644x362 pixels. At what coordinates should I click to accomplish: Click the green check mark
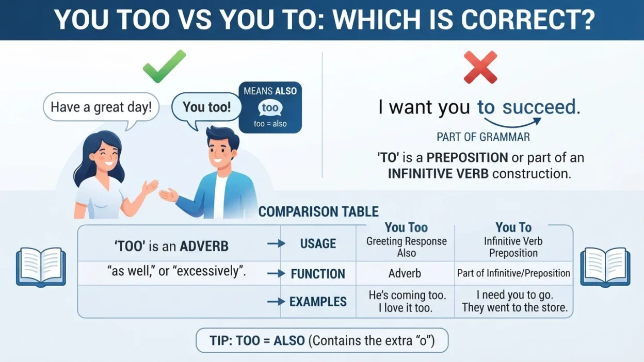coord(165,66)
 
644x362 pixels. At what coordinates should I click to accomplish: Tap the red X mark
coord(480,67)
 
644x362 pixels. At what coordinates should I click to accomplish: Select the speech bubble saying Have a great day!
coord(101,108)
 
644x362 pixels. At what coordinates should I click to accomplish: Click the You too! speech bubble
coord(206,108)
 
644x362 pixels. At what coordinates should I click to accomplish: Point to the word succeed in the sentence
coord(539,107)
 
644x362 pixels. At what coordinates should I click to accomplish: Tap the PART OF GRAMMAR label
coord(484,137)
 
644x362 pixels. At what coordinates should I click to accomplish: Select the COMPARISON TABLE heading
coord(318,212)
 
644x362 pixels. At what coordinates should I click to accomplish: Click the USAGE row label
coord(318,243)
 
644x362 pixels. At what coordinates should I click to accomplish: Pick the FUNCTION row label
coord(318,274)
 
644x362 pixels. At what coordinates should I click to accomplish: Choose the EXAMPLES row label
coord(318,302)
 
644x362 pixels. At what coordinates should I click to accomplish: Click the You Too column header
coord(406,227)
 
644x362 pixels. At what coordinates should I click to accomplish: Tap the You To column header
coord(513,227)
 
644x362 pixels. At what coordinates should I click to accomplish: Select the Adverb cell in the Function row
coord(405,273)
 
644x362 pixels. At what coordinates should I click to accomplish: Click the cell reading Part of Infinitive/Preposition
coord(513,273)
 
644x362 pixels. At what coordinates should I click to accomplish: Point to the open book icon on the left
coord(41,267)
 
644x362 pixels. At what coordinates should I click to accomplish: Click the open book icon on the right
coord(605,267)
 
